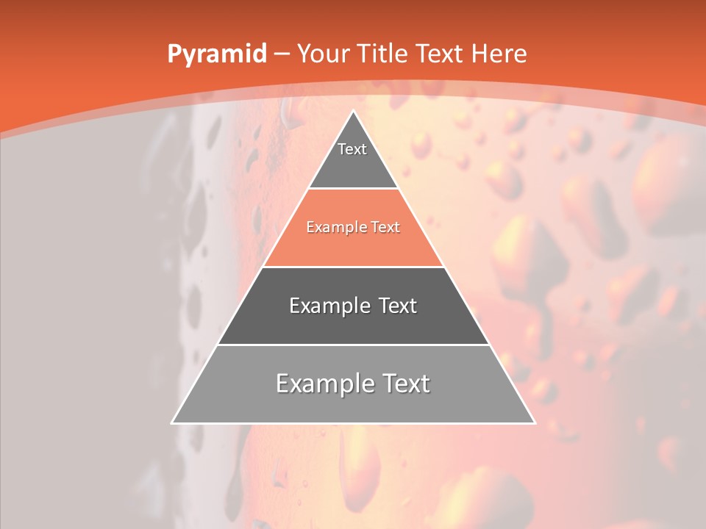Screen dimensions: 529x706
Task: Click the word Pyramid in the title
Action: tap(216, 54)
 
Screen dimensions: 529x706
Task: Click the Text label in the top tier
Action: tap(352, 149)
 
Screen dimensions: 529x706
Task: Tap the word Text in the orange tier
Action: tap(386, 228)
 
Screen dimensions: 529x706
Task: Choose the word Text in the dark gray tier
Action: tap(398, 306)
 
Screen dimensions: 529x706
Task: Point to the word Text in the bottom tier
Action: tap(406, 384)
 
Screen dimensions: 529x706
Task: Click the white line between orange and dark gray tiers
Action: tap(353, 267)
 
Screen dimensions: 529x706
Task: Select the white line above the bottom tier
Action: tap(353, 345)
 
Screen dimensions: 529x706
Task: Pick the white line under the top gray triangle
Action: tap(353, 189)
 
